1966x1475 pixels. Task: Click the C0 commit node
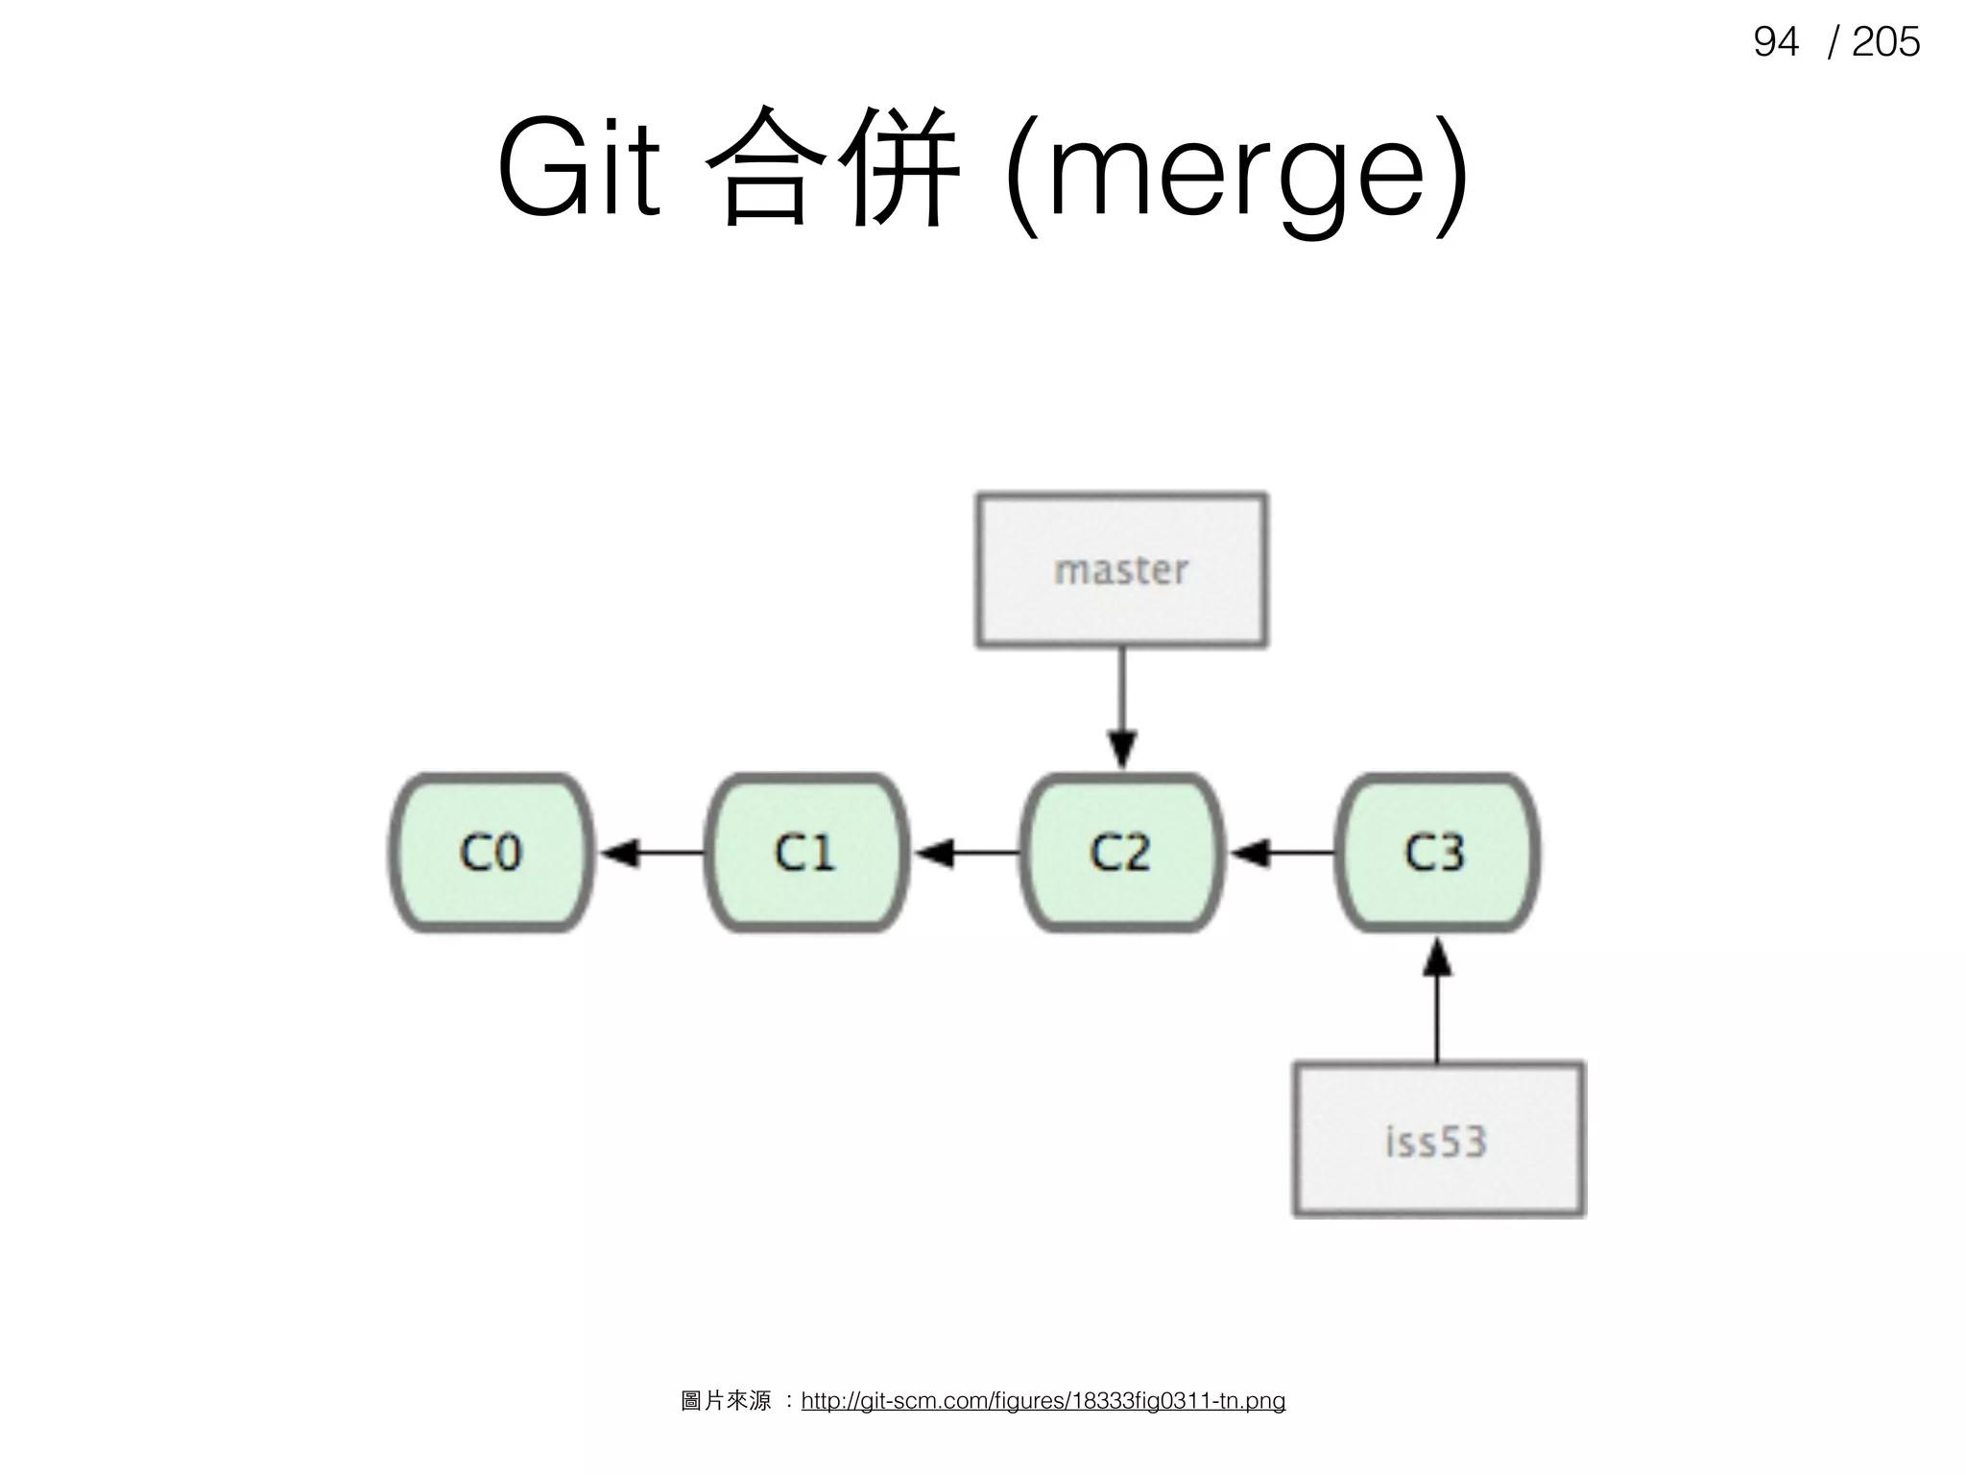click(x=491, y=852)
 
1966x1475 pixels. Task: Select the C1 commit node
click(x=805, y=852)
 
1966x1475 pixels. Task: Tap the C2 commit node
click(x=1120, y=852)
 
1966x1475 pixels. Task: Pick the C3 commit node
click(x=1436, y=852)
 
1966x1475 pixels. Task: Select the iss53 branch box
click(x=1438, y=1139)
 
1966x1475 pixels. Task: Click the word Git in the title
click(x=579, y=168)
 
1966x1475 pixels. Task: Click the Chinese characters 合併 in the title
click(x=831, y=168)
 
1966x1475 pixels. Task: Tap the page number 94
click(x=1775, y=42)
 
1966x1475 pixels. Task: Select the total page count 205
click(x=1885, y=42)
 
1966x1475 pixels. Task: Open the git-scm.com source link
click(x=1043, y=1401)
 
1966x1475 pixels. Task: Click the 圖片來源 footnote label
click(x=726, y=1401)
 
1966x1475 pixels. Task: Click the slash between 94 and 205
click(x=1834, y=42)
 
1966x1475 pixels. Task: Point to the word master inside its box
click(x=1121, y=570)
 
